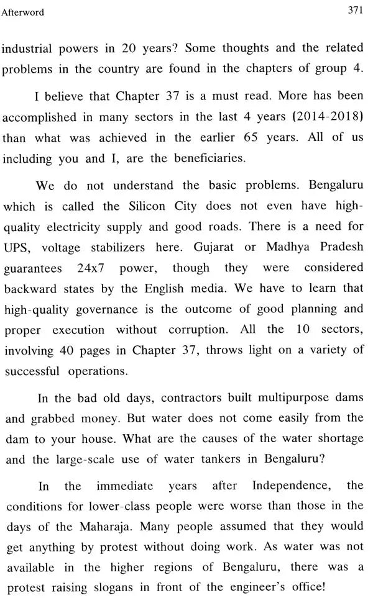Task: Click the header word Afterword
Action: (x=24, y=12)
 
